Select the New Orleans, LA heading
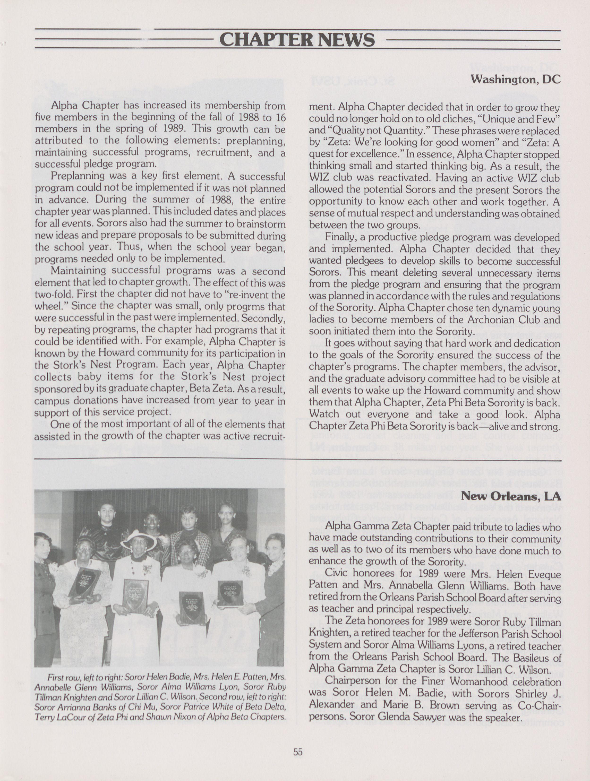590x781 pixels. tap(511, 496)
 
